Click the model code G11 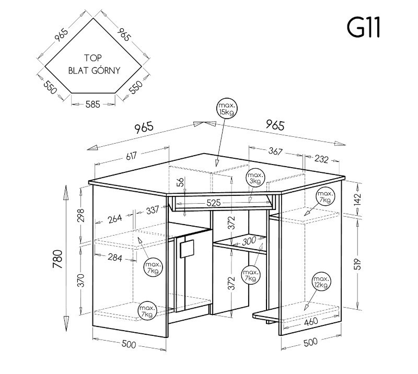(364, 27)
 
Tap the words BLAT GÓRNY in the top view (95, 71)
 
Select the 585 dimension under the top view (92, 104)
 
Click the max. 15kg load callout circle (227, 109)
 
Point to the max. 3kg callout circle (255, 178)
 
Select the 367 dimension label (275, 151)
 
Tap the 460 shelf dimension (310, 321)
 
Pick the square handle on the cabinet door (185, 248)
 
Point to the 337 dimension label (153, 211)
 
